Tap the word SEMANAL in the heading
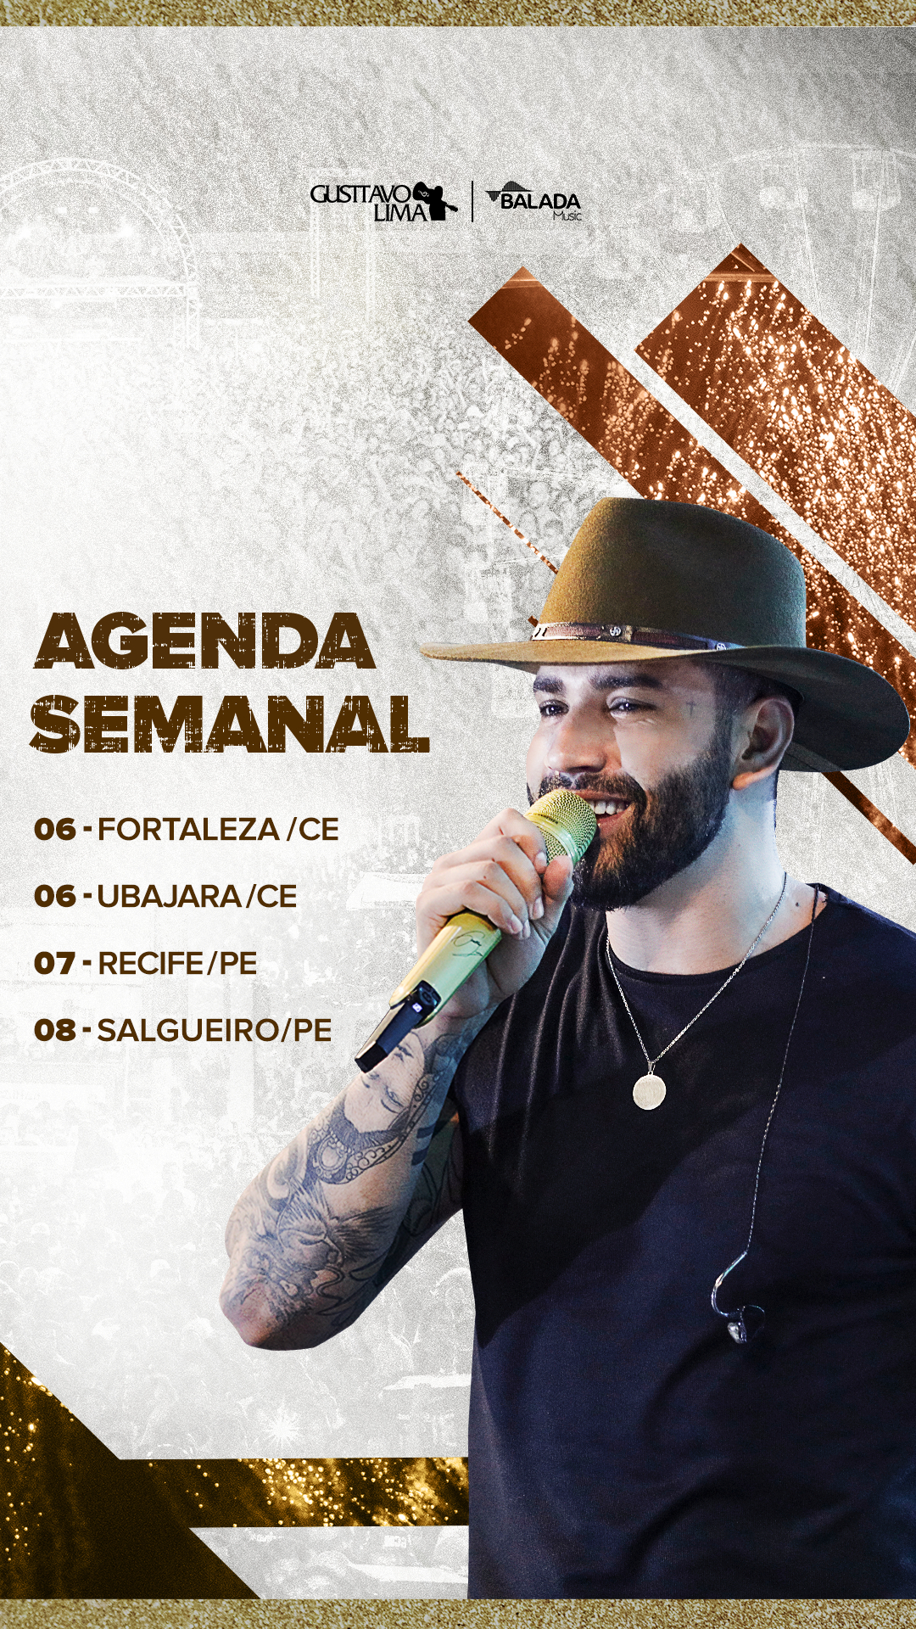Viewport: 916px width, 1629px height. (230, 724)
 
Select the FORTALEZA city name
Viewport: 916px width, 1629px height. (188, 829)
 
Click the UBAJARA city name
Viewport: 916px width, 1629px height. (169, 896)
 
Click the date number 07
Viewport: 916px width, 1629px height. (54, 964)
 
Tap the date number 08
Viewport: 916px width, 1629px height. (55, 1030)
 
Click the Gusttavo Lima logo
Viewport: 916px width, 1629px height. (384, 201)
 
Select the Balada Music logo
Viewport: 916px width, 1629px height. (534, 201)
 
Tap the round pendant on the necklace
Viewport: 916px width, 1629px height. (649, 1090)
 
